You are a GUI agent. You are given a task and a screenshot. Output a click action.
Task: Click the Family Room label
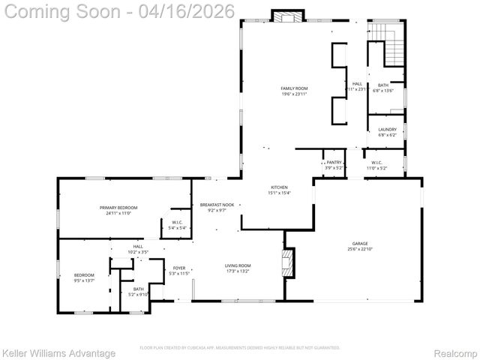pos(294,88)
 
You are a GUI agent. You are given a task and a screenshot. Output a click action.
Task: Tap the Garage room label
pos(361,244)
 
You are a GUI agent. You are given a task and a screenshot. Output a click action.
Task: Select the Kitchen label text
pos(278,187)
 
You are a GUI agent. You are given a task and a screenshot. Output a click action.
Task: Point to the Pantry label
pos(334,162)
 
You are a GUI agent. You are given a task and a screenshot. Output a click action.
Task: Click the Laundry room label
pos(387,130)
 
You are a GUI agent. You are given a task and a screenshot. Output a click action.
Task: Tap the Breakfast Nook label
pos(217,205)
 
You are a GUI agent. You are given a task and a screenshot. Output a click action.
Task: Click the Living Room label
pos(238,265)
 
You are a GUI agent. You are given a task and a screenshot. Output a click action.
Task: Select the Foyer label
pos(179,268)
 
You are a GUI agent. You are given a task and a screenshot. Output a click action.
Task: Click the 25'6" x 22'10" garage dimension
pos(361,249)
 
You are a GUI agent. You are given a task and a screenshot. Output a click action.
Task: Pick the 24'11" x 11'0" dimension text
pos(118,213)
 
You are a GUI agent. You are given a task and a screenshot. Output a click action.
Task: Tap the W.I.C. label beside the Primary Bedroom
pos(177,222)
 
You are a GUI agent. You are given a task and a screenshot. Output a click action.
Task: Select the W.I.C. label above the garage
pos(376,162)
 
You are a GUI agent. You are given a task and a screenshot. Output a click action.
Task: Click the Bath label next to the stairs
pos(383,85)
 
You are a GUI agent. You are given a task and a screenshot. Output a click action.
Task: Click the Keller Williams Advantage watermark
pos(59,352)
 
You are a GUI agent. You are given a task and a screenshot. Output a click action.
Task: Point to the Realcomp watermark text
pos(456,352)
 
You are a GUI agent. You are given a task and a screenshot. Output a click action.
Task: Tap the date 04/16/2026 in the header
pos(193,11)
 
